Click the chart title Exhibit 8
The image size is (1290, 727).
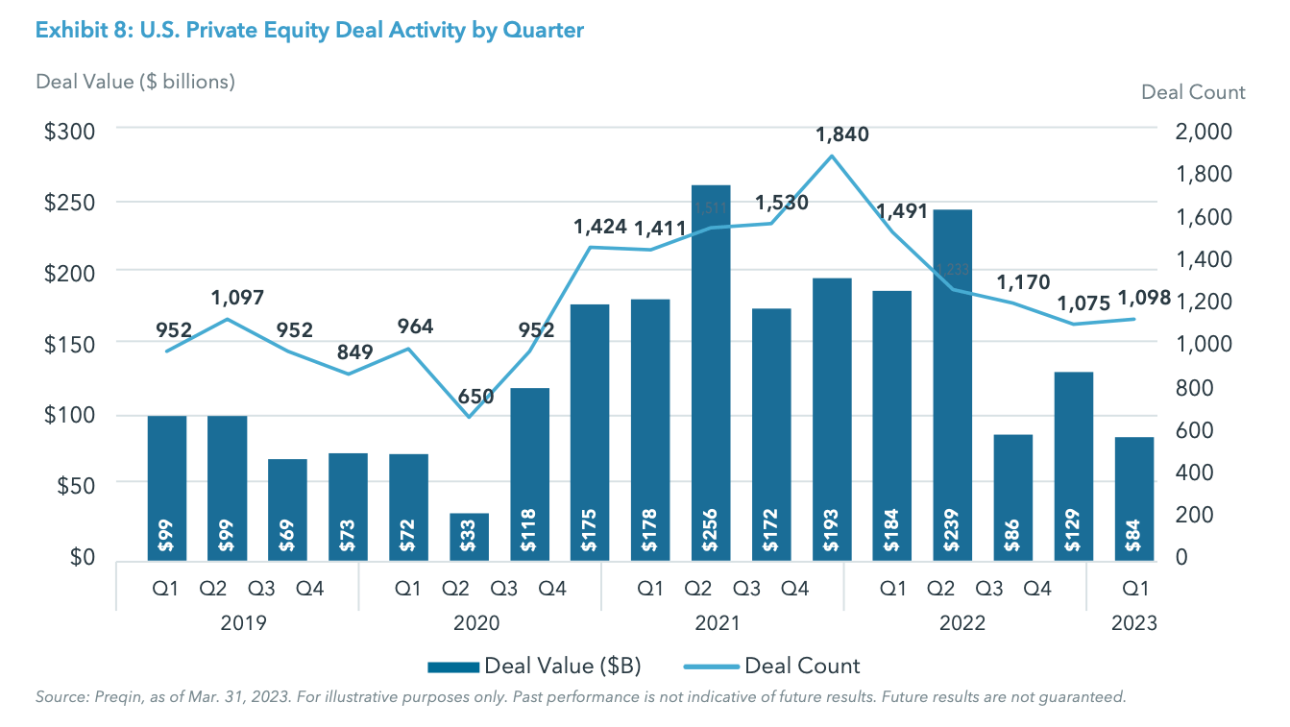coord(308,31)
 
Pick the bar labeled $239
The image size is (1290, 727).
coord(953,384)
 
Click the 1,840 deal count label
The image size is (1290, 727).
coord(841,134)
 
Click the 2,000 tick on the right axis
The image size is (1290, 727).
coord(1202,132)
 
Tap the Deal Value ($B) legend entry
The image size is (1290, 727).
coord(535,666)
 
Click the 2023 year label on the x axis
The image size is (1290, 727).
coord(1134,622)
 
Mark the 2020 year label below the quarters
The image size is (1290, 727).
coord(476,622)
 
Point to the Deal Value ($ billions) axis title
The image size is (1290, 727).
coord(135,82)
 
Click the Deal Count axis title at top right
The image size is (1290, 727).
coord(1193,92)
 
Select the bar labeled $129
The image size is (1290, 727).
coord(1074,465)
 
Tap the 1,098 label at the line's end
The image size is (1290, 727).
coord(1144,298)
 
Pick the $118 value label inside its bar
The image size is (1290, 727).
coord(529,536)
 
